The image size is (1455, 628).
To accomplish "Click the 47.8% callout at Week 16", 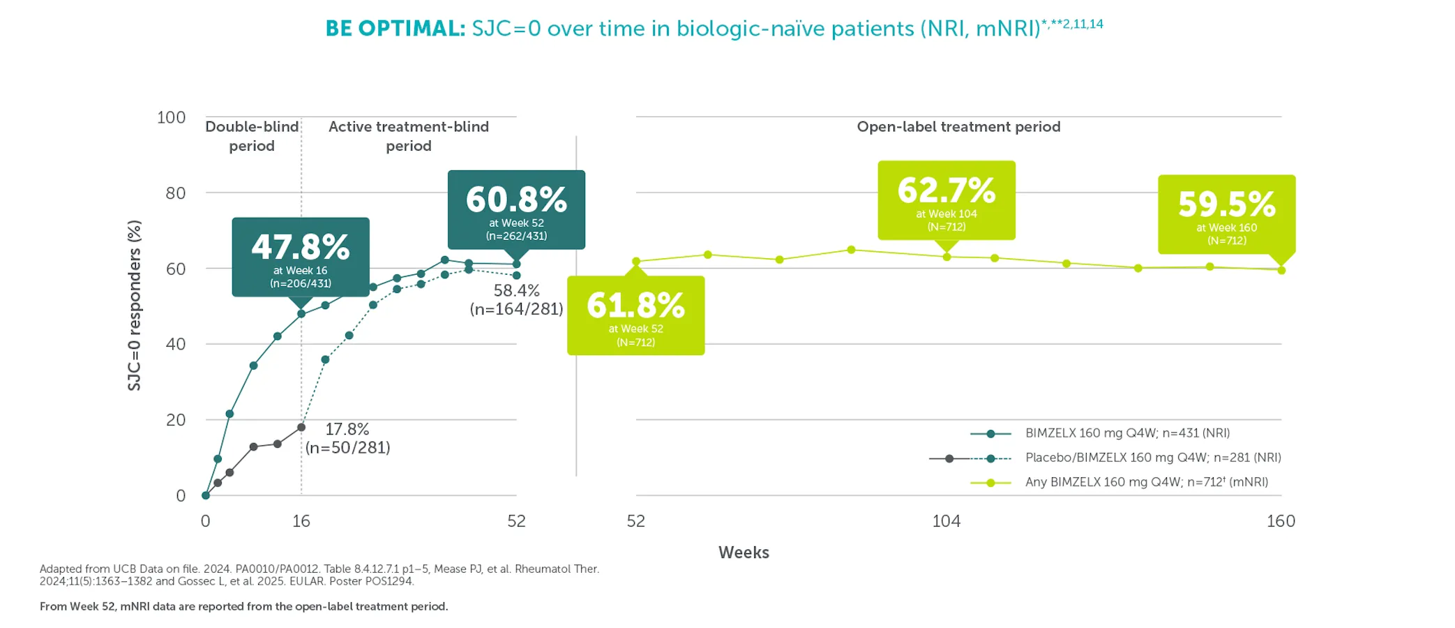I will [301, 257].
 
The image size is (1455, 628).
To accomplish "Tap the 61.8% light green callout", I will [635, 315].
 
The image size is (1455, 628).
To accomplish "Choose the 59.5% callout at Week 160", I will [1226, 214].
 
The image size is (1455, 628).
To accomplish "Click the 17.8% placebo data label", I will [347, 438].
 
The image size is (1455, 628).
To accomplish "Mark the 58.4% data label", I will [516, 299].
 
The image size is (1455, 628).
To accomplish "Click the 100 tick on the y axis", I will [172, 117].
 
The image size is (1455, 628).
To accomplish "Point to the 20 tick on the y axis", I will [176, 419].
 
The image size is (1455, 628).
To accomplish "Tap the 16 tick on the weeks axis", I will [301, 521].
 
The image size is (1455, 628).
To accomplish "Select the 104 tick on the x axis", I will [946, 521].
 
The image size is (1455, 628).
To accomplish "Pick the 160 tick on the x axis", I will [1281, 521].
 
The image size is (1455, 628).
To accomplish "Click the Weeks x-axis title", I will [744, 553].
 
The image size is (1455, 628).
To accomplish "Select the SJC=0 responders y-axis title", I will [135, 305].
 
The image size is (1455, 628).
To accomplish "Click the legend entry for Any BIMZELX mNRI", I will [1146, 482].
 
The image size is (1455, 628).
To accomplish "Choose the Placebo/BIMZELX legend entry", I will [1152, 458].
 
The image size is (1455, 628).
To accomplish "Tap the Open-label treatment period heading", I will [958, 127].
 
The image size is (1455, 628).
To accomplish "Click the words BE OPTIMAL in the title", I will [395, 29].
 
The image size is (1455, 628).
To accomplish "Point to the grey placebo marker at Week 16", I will [301, 427].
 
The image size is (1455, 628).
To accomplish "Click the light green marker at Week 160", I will [1281, 270].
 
